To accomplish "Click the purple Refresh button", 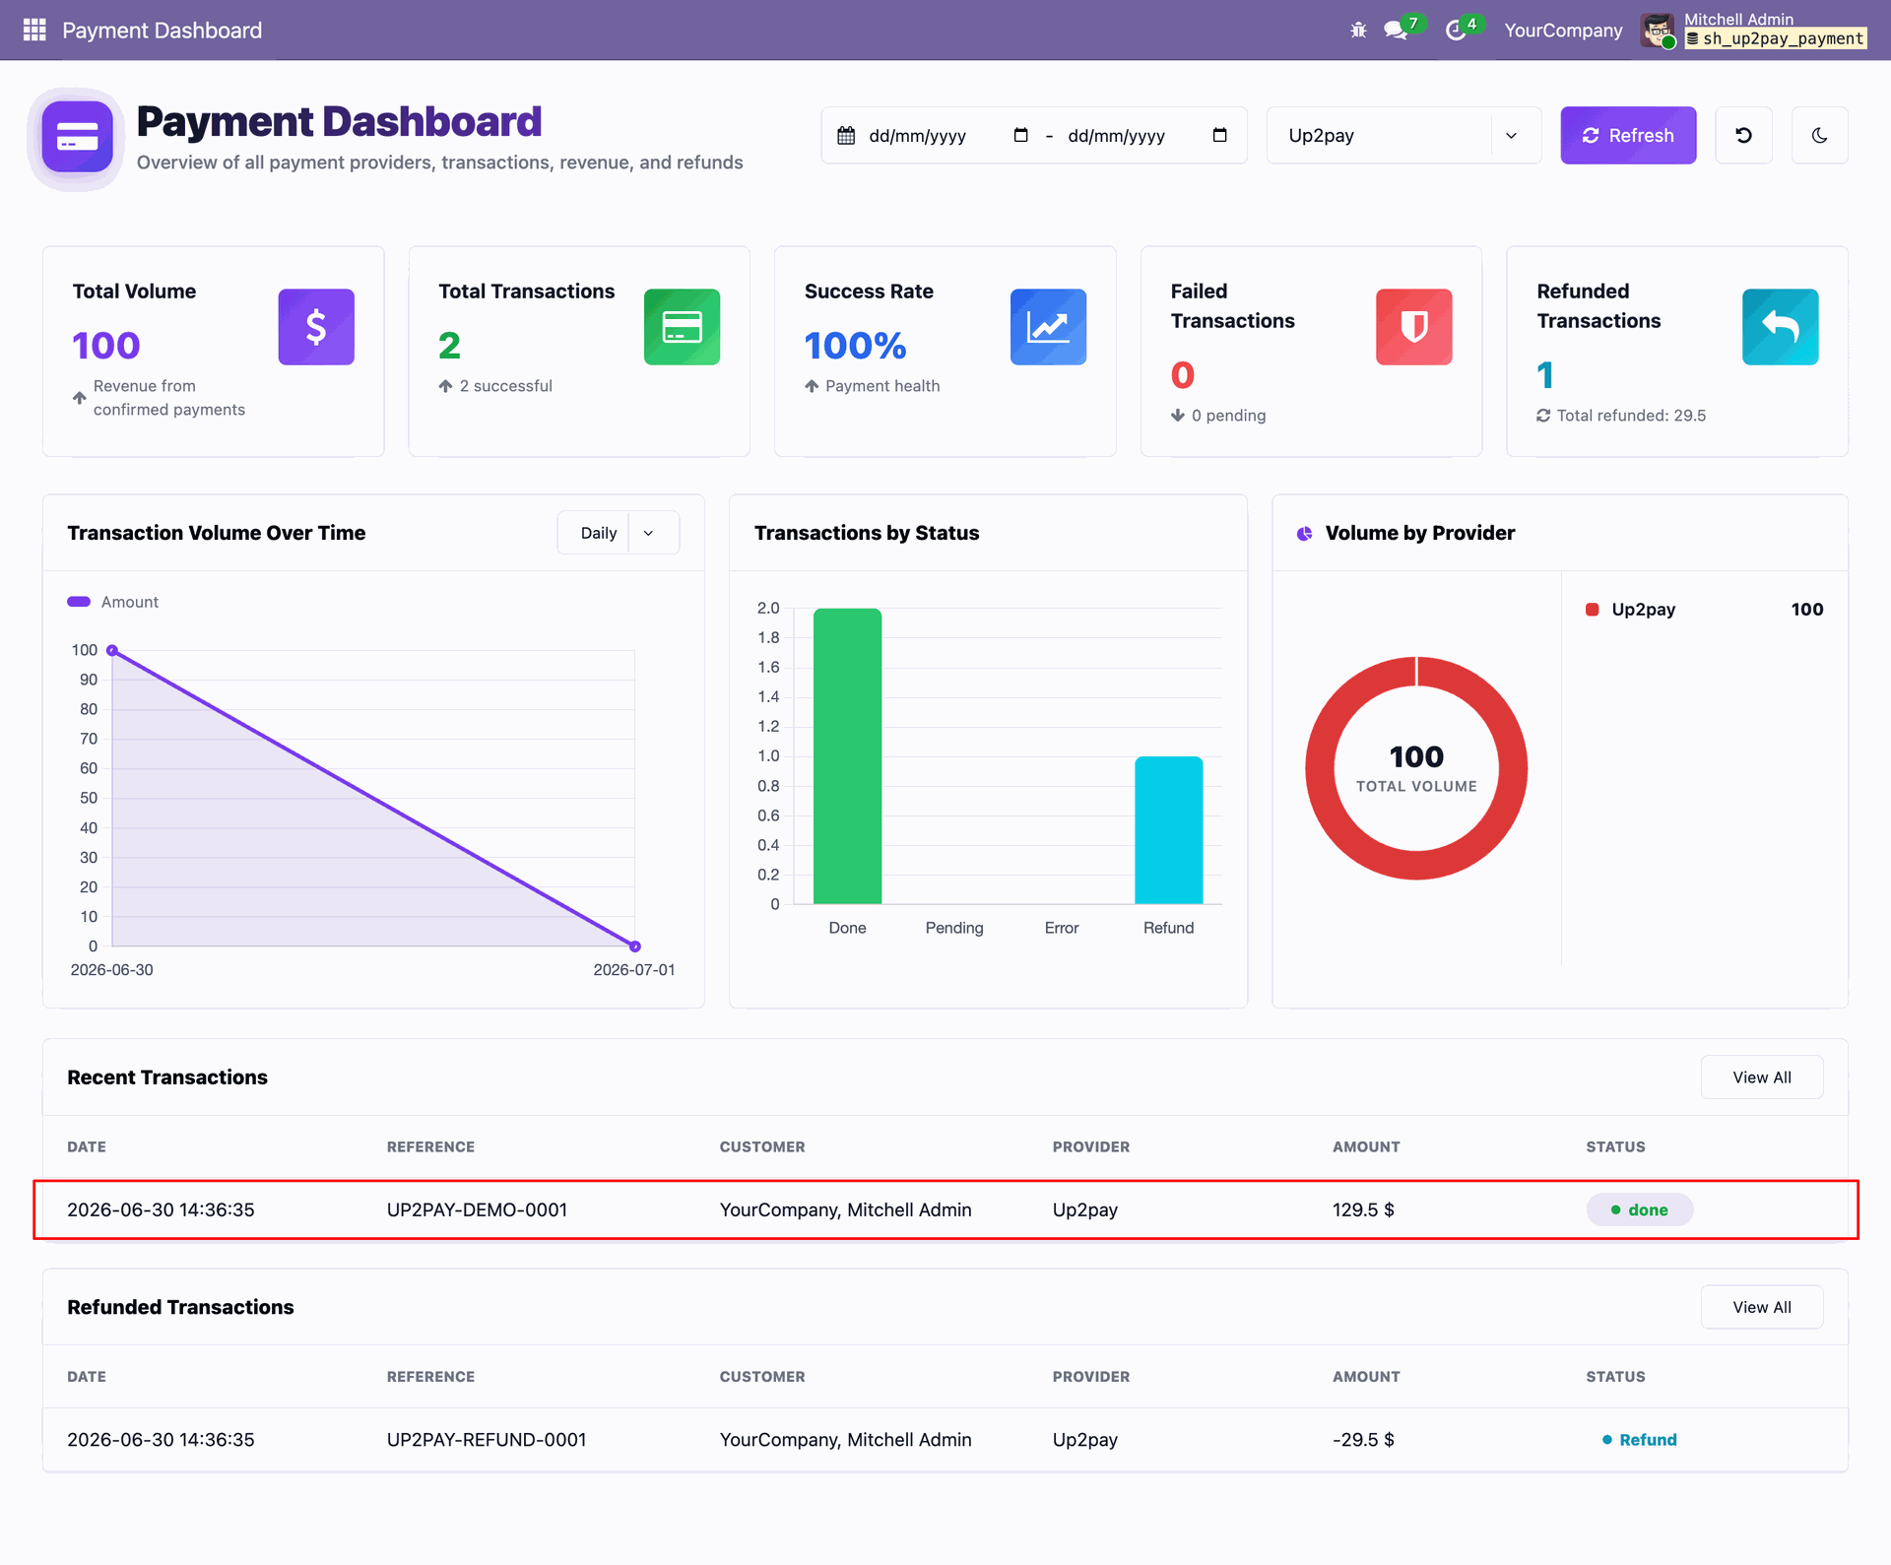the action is (1628, 135).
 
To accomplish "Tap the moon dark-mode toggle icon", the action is (1819, 135).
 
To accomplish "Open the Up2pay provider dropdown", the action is (1403, 135).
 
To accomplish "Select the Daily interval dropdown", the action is (618, 533).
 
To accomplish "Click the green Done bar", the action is (847, 755).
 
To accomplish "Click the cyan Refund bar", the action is (1169, 829).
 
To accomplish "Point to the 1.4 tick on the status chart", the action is (768, 696).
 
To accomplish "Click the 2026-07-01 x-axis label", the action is (634, 970).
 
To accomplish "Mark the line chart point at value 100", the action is (112, 650).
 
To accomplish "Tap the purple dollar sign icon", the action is (316, 327).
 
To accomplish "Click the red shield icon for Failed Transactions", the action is (1414, 327).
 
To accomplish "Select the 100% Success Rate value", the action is (855, 346).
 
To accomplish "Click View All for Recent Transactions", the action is (1762, 1077).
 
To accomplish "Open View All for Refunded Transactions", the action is (1762, 1307).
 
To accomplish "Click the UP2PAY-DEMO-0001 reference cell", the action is (477, 1209).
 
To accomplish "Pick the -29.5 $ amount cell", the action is (1363, 1440).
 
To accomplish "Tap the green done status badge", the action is (1640, 1209).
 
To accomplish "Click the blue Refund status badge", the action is (1640, 1440).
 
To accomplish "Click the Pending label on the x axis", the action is (954, 928).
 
